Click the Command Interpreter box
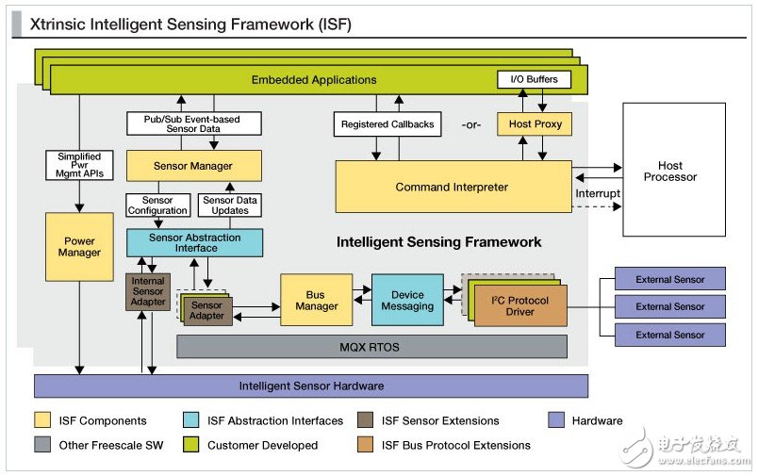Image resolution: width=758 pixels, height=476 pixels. coord(453,187)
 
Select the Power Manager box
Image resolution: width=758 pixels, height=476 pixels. coord(79,246)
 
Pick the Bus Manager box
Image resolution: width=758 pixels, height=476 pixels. coord(316,300)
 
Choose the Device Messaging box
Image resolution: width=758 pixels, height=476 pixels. coord(406,300)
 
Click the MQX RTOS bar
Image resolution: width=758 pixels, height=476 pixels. coord(371,347)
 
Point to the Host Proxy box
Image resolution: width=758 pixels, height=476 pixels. coord(534,124)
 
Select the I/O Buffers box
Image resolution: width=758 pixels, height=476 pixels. coord(533,79)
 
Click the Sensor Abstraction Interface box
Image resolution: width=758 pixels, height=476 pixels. coord(194,242)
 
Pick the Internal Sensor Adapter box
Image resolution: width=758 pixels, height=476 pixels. coord(147,292)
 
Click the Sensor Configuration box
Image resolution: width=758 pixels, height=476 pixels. coord(157,205)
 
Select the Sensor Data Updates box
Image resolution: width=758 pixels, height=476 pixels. coord(230,205)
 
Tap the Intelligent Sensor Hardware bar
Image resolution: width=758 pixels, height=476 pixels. coord(311,386)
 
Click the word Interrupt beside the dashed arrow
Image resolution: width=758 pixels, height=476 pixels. coord(598,194)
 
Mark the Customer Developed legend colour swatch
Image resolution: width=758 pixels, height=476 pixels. coord(191,445)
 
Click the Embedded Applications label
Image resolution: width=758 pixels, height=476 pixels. coord(314,80)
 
